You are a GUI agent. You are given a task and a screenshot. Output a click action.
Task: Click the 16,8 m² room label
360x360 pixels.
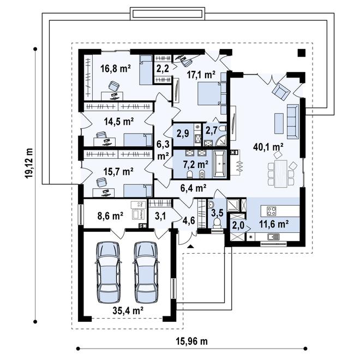[116, 68]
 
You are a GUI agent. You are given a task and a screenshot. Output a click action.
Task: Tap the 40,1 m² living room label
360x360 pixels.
[268, 147]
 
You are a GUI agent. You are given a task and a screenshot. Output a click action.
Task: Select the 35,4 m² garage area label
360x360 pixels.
[128, 310]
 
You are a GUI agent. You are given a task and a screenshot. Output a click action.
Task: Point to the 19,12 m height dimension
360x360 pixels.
[29, 163]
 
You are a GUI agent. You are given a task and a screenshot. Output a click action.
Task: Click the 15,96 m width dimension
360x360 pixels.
[191, 341]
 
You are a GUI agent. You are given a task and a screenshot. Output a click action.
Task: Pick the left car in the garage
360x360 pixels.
[108, 272]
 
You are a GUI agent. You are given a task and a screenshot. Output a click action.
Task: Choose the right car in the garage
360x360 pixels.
[146, 272]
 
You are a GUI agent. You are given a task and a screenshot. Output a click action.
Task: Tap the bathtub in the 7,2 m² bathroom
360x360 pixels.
[220, 164]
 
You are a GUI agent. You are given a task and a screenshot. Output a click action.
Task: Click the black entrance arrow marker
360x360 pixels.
[190, 247]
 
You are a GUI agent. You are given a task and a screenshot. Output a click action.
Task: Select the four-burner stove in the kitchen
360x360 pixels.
[271, 211]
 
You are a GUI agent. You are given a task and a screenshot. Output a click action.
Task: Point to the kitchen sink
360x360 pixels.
[273, 237]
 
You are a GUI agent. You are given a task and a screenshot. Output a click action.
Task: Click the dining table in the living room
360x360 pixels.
[280, 173]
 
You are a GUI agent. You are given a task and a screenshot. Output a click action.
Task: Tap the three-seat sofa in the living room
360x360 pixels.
[293, 122]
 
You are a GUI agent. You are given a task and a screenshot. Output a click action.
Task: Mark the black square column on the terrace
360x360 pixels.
[302, 53]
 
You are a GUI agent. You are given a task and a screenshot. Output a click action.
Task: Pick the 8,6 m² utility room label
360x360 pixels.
[110, 216]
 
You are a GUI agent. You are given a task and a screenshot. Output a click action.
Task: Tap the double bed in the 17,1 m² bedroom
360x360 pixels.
[209, 93]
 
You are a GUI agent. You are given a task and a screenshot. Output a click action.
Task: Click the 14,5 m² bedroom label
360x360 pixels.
[119, 122]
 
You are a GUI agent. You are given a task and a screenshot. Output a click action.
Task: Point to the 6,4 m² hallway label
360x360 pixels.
[193, 188]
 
